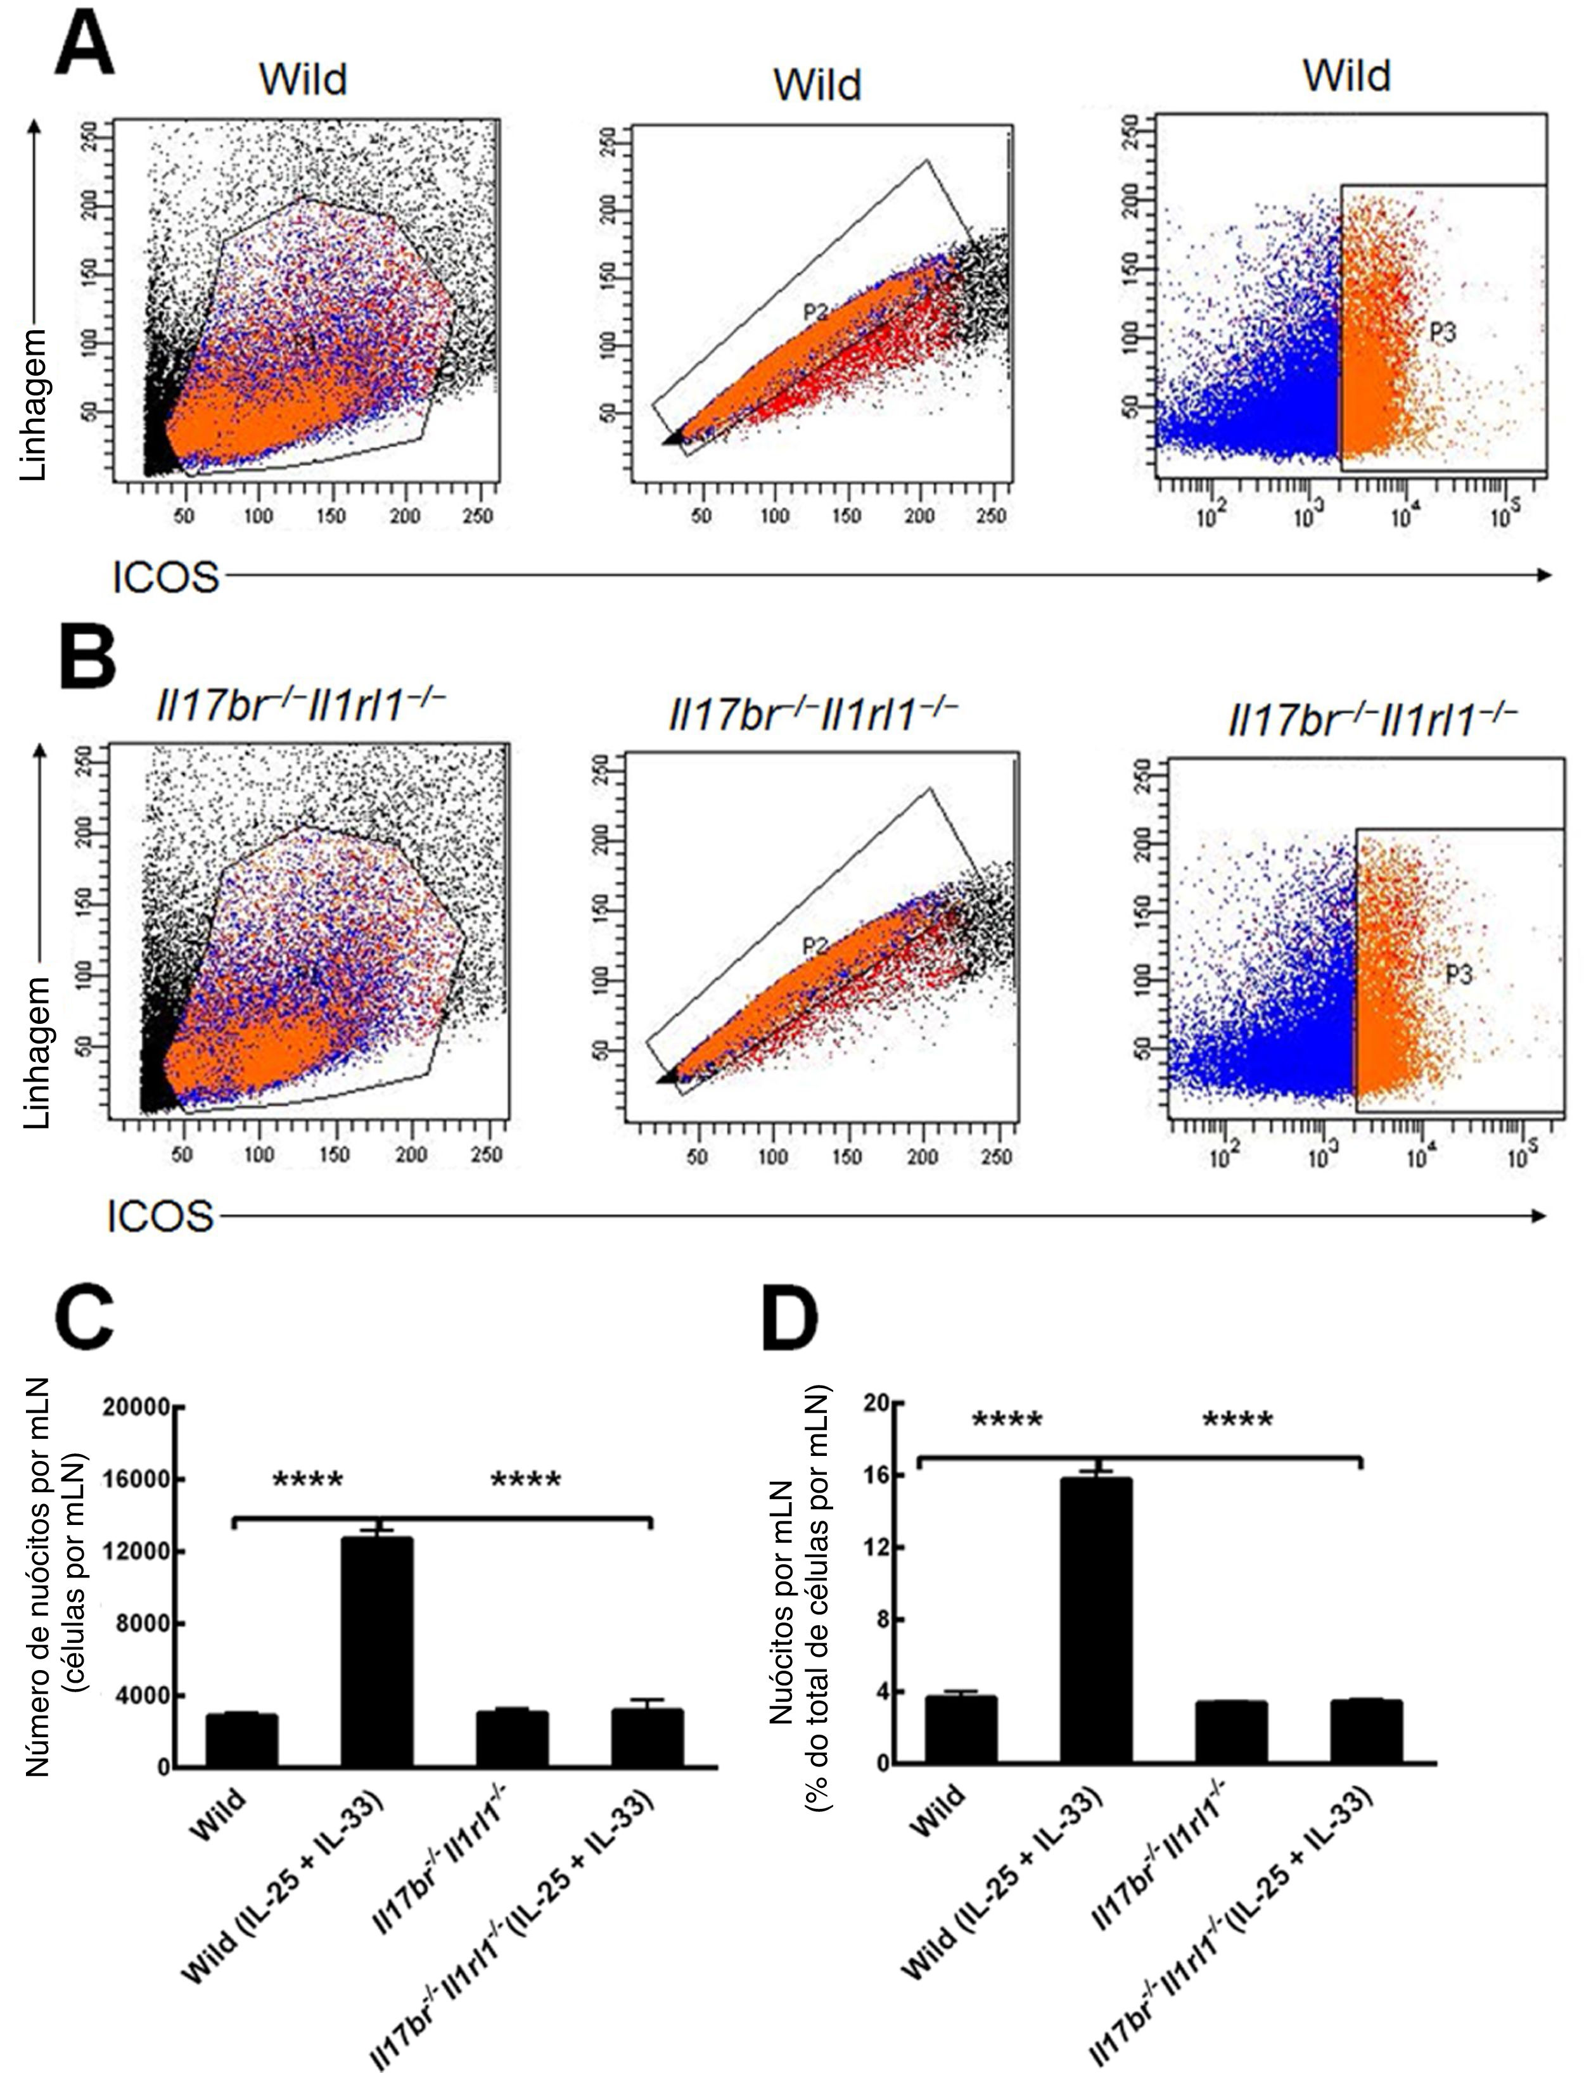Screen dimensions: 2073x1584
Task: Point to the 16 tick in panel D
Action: [879, 1476]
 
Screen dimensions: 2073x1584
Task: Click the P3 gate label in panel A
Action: [1443, 332]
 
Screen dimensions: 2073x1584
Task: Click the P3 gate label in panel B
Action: [1458, 976]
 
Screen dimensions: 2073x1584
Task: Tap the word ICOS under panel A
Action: [165, 577]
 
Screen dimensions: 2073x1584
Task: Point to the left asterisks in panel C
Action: [307, 1480]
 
